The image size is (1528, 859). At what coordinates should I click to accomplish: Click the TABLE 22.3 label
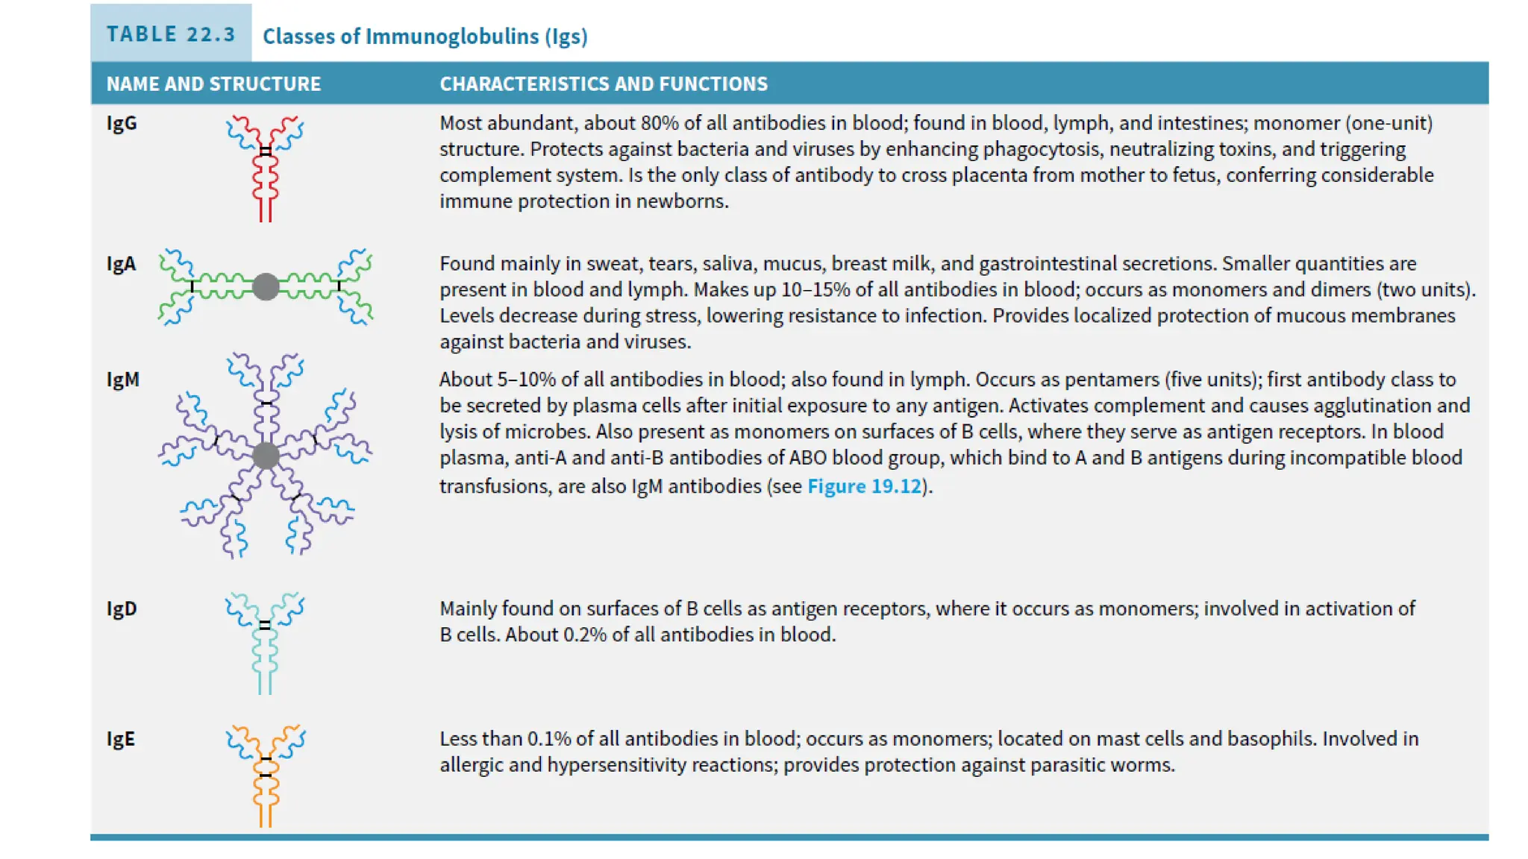click(x=170, y=34)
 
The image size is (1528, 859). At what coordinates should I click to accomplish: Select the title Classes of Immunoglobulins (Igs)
click(x=425, y=36)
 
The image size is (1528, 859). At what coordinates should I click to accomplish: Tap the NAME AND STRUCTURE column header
click(x=213, y=84)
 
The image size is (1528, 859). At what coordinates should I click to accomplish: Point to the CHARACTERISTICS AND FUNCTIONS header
click(x=603, y=84)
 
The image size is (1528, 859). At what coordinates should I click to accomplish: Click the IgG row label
click(x=122, y=123)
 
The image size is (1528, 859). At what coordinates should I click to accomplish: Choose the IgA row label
click(x=121, y=264)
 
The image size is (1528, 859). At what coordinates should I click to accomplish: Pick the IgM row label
click(x=122, y=380)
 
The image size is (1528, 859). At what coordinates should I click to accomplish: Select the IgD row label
click(x=122, y=608)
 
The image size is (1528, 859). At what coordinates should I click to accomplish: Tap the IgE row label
click(x=121, y=739)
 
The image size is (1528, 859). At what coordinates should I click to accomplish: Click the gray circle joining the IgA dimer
click(x=266, y=286)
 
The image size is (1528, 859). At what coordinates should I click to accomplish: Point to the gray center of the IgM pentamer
click(x=266, y=456)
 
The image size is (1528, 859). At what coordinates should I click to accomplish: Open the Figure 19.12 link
click(x=864, y=486)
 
